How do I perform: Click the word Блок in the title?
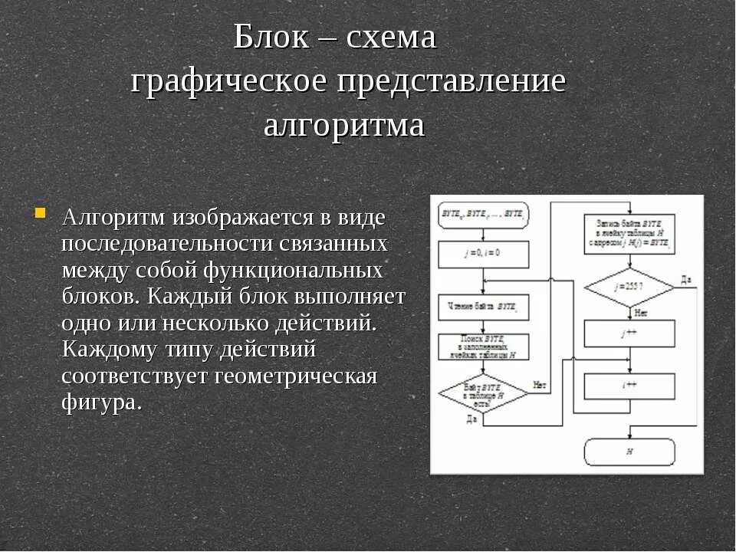tap(272, 37)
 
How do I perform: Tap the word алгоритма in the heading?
tap(343, 125)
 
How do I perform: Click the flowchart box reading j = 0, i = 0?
tap(483, 254)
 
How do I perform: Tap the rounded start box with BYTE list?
tap(483, 215)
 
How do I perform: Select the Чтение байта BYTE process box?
tap(483, 307)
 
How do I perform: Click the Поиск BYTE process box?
tap(483, 347)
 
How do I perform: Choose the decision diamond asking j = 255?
tap(629, 287)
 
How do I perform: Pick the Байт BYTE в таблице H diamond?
tap(483, 394)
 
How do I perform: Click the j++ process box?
tap(629, 333)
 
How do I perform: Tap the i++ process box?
tap(629, 386)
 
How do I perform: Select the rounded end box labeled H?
tap(629, 452)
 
